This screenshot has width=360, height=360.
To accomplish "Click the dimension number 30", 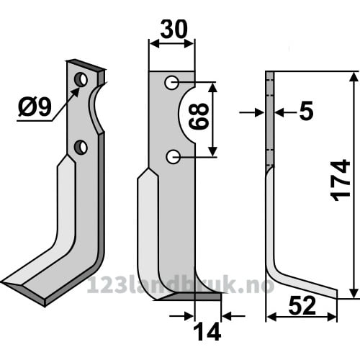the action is (x=174, y=30).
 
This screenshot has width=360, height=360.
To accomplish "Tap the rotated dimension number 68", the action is (x=199, y=117).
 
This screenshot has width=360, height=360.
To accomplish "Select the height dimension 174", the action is (x=341, y=181).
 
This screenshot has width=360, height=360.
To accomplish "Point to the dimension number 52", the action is (x=302, y=305).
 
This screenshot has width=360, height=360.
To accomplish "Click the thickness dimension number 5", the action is (x=307, y=111).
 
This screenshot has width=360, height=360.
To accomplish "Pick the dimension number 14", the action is (x=207, y=331).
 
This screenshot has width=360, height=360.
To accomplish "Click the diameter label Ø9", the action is (x=35, y=107).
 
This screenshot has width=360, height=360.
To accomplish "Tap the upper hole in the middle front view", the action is (x=172, y=83).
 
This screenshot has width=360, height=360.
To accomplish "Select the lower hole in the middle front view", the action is (x=173, y=157).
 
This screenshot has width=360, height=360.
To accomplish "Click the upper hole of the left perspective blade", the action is (x=81, y=79).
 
